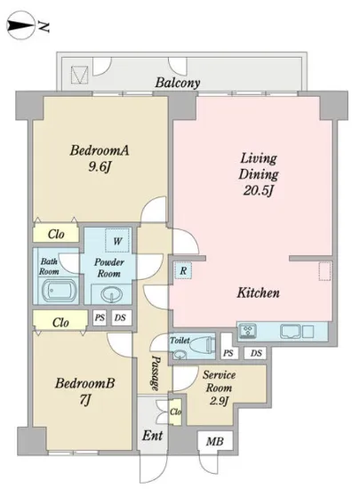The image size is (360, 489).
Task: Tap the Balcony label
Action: coord(178,83)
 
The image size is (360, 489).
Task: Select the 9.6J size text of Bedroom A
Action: coord(100,167)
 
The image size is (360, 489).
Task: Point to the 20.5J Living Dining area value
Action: coord(259,190)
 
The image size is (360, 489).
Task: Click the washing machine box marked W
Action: coord(117,240)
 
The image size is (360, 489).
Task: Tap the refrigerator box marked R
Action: coord(183,270)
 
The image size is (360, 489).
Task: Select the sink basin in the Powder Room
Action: coord(110,294)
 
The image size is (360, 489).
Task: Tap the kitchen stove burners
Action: coord(248,332)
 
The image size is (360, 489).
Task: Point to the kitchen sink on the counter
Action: coord(291,332)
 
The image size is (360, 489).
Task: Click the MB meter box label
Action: coord(215,442)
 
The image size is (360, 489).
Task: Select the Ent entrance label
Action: coord(152,436)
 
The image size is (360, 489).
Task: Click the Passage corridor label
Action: coord(156,373)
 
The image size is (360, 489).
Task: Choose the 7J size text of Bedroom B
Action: coord(84,399)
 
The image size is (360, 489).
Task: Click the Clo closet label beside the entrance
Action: coord(175,412)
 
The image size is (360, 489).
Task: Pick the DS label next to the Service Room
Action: coord(256,353)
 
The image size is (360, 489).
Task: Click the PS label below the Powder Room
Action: coord(100,317)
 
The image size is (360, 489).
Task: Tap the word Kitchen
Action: coord(258,293)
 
